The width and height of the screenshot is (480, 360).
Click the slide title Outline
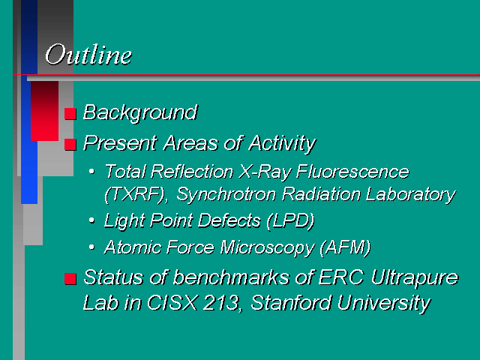[88, 55]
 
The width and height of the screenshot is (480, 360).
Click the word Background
[140, 112]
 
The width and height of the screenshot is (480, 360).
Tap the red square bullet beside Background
[70, 113]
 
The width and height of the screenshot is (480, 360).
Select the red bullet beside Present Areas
[70, 144]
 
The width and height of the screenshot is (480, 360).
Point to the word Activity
[282, 143]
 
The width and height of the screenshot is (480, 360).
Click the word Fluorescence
[352, 172]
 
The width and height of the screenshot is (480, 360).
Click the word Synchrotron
[226, 194]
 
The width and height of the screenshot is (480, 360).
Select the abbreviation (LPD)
[290, 220]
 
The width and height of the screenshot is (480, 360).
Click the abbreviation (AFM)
[345, 247]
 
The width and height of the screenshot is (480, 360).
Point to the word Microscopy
[267, 247]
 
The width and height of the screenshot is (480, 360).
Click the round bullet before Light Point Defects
[91, 220]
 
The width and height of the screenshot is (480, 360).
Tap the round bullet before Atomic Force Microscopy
[91, 247]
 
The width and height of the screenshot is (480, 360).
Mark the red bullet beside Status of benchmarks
[70, 278]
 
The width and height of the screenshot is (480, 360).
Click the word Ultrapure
[415, 278]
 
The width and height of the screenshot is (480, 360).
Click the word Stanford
[291, 303]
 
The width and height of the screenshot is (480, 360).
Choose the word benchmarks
[231, 277]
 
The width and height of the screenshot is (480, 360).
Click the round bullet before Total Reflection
[91, 171]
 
